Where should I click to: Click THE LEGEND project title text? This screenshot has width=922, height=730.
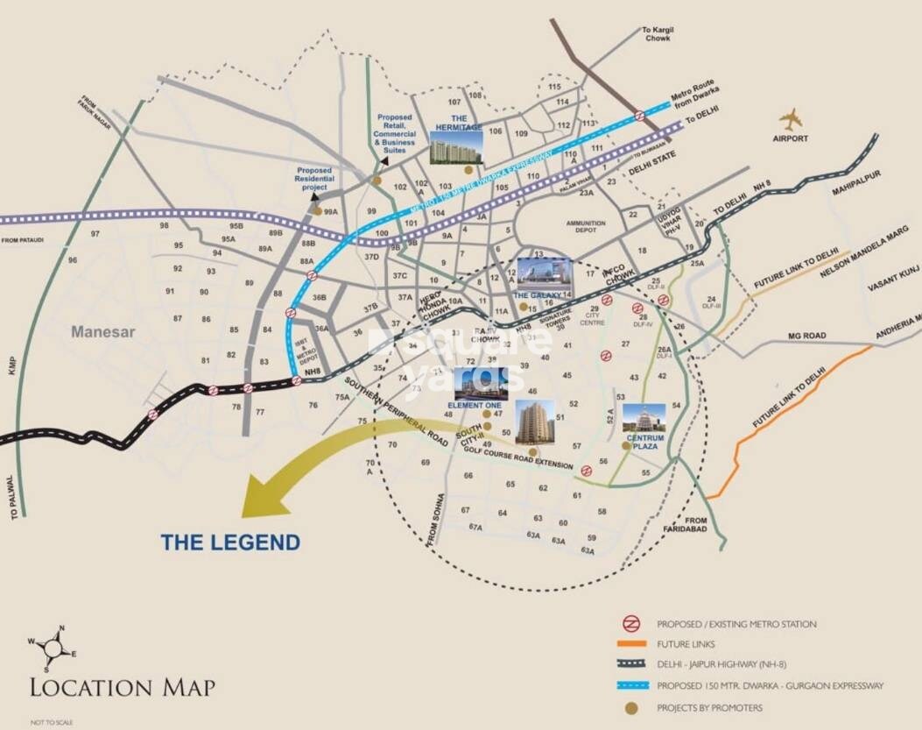pos(230,542)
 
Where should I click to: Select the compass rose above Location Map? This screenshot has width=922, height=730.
pos(52,647)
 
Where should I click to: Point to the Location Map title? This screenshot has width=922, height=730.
pos(123,686)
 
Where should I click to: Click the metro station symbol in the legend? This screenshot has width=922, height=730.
pos(630,624)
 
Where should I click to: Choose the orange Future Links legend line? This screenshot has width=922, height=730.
pos(630,644)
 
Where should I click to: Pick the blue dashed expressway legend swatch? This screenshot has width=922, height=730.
pos(630,686)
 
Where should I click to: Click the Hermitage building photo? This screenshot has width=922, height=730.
pos(455,146)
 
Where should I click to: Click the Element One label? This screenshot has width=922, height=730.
pos(475,406)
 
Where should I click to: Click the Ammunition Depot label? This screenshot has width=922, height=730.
pos(586,226)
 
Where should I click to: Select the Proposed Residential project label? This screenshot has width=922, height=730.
pos(313,179)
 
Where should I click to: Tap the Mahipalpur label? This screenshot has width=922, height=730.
pos(855,185)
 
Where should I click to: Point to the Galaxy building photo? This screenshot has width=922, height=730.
pos(544,274)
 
